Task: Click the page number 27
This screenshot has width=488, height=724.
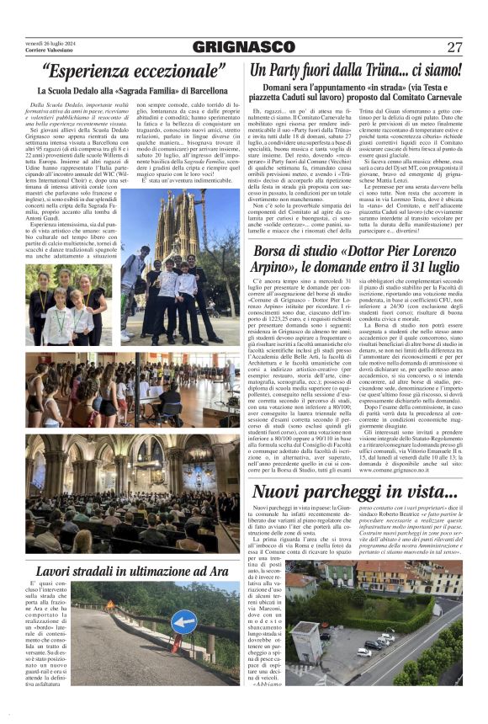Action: pyautogui.click(x=454, y=47)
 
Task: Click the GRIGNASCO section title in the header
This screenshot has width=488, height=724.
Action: pyautogui.click(x=243, y=47)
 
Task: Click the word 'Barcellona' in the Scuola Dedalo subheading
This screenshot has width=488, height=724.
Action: pyautogui.click(x=202, y=89)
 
